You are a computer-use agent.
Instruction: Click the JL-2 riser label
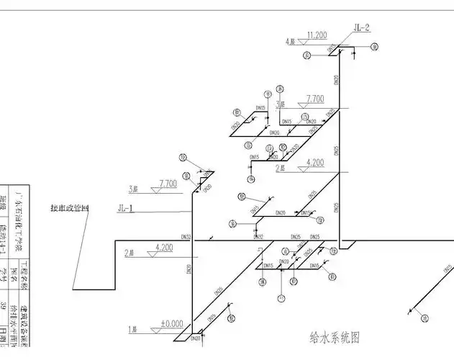361,28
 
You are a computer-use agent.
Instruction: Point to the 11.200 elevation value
317,35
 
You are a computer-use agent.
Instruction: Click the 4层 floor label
291,42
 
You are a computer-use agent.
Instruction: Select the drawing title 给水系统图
335,337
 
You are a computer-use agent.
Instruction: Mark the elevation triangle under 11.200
305,42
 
